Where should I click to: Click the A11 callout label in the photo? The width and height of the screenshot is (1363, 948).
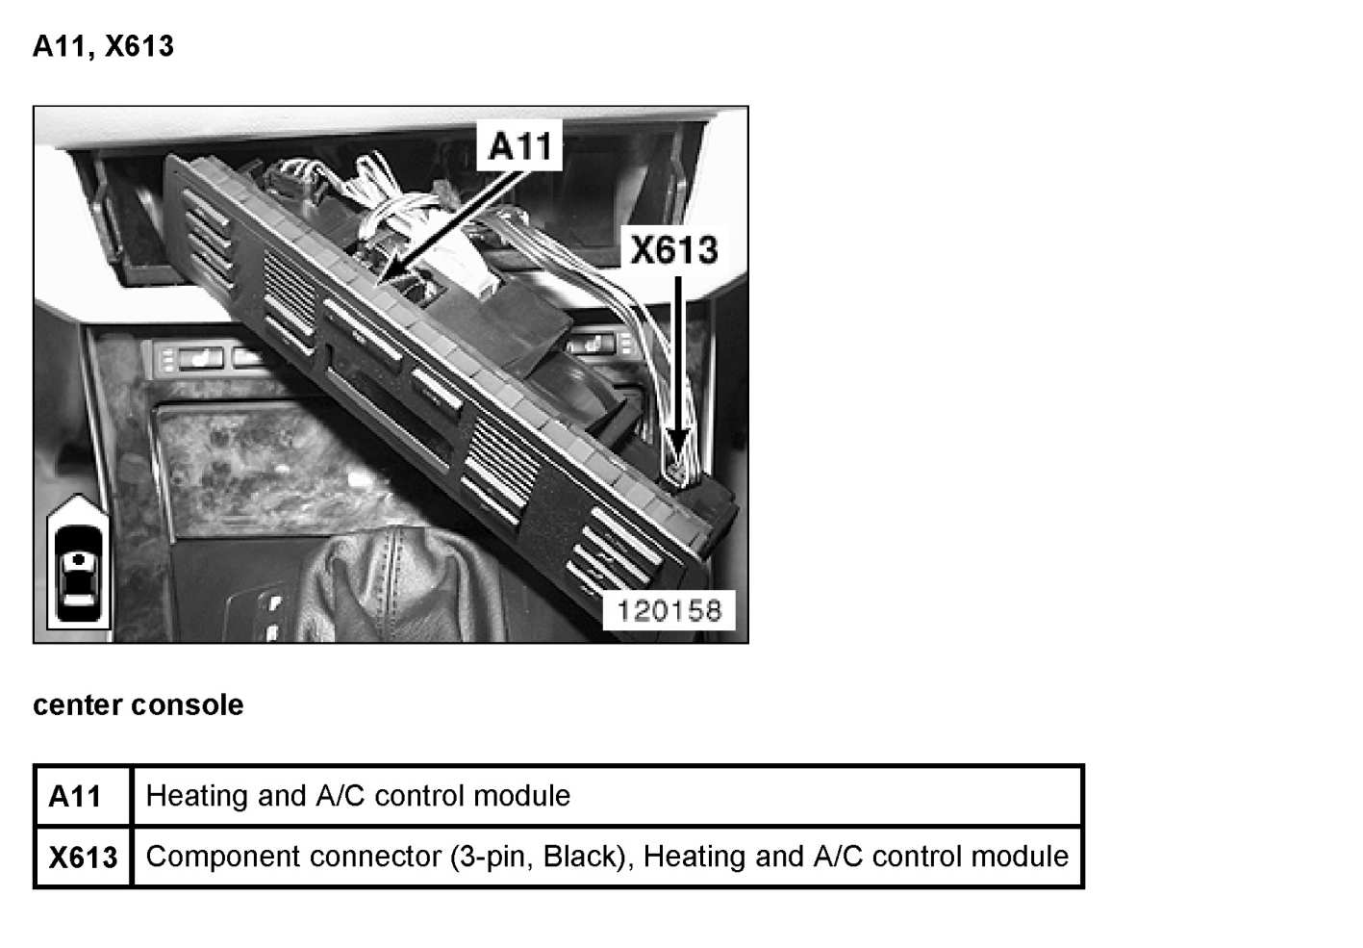pos(520,147)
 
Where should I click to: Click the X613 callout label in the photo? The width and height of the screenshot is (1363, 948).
pos(673,250)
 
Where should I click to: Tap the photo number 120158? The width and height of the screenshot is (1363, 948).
pos(669,610)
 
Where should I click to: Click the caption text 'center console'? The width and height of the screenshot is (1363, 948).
pos(138,705)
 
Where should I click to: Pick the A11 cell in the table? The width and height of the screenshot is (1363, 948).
pos(75,797)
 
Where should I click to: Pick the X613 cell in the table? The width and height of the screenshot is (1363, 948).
pos(83,857)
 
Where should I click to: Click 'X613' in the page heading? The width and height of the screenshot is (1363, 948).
pos(139,46)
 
